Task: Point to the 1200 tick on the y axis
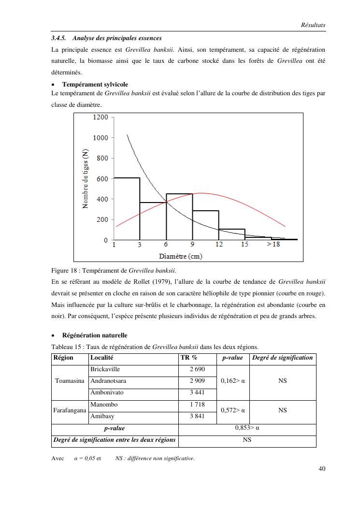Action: pos(100,117)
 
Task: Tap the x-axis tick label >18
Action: pos(273,245)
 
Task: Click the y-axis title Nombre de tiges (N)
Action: pos(86,178)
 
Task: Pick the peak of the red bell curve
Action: pos(201,193)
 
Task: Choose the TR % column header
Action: pos(189,358)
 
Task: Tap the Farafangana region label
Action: pos(70,410)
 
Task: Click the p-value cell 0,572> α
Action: pos(232,410)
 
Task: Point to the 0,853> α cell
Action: pos(247,428)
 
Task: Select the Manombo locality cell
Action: pos(104,404)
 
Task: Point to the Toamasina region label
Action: pos(70,380)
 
